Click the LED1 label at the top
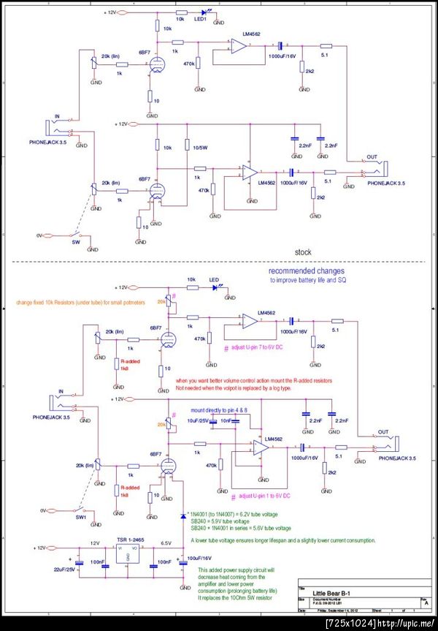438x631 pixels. tap(202, 19)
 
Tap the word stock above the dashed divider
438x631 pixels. tap(303, 252)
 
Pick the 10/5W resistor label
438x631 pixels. tap(195, 148)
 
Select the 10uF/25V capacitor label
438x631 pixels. tap(199, 421)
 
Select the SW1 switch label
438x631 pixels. tap(81, 517)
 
